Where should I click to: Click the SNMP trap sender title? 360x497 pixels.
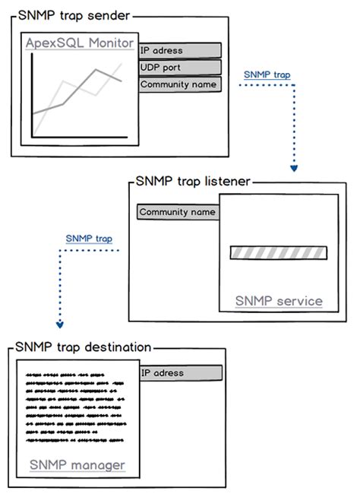coord(72,14)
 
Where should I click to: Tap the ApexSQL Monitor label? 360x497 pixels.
coord(81,43)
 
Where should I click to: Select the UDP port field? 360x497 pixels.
coord(180,68)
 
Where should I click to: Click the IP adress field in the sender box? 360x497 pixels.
coord(180,51)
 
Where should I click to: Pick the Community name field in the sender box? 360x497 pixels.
coord(180,84)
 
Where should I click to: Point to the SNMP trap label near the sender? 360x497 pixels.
coord(267,75)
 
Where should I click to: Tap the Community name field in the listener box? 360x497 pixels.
coord(178,212)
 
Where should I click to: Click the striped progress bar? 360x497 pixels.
coord(278,253)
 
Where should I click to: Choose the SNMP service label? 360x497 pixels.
coord(278,301)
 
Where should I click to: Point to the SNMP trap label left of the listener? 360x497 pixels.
coord(89,239)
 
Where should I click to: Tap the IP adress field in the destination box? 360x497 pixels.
coord(180,373)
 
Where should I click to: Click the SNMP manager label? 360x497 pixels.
coord(77,464)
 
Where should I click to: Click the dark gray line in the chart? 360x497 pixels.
coord(76,95)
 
